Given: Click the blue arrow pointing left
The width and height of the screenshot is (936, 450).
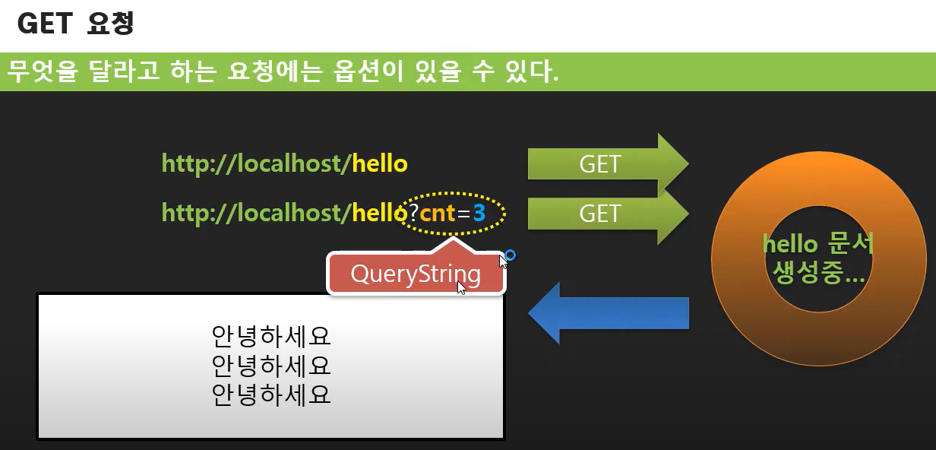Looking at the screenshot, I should pos(608,313).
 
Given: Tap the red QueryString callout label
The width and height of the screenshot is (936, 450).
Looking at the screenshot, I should pos(416,274).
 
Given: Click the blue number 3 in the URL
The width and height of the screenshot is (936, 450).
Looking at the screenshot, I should pos(479,214).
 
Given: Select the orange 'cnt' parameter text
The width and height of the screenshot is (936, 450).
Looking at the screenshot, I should pos(437,214).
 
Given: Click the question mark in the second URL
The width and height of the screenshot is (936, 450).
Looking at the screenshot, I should pos(413,214).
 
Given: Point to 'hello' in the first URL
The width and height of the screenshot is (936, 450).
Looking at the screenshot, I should pos(380,163).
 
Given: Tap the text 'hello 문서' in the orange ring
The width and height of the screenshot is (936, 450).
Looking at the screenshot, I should pos(818,244).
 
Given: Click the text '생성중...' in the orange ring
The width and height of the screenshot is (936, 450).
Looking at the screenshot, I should pos(818,271).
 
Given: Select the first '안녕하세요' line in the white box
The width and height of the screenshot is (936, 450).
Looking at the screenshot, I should pos(271,336).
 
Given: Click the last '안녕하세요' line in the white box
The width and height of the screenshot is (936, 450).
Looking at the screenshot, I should pos(271,395).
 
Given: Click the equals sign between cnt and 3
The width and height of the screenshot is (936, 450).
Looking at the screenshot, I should pos(463,214).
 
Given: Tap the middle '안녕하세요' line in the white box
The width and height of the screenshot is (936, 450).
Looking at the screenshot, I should pos(271,366).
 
